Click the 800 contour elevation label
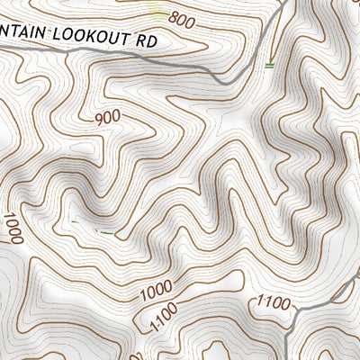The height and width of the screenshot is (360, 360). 181,20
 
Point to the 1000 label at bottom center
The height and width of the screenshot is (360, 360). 156,291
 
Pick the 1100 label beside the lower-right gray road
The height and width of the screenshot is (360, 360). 274,302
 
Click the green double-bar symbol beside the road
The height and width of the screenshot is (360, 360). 269,65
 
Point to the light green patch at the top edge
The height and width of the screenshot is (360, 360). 158,10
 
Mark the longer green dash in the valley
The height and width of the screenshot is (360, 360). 107,232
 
